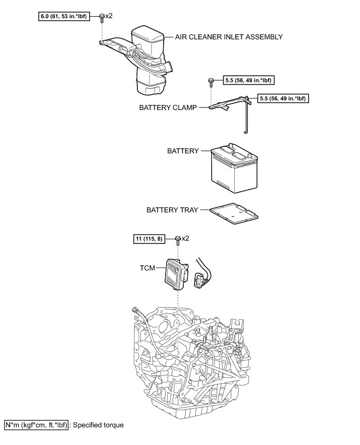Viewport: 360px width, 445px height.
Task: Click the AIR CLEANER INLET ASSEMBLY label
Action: pyautogui.click(x=229, y=37)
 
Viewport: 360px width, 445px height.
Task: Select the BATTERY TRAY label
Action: pyautogui.click(x=172, y=210)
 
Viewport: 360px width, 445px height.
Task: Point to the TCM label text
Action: pyautogui.click(x=148, y=269)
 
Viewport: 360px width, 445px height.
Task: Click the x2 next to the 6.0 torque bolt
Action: pyautogui.click(x=109, y=16)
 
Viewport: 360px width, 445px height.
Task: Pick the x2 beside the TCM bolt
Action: pyautogui.click(x=185, y=238)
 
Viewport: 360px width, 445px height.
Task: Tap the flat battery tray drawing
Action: pyautogui.click(x=234, y=212)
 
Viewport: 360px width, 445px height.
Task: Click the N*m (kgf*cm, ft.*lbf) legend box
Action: pyautogui.click(x=35, y=425)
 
